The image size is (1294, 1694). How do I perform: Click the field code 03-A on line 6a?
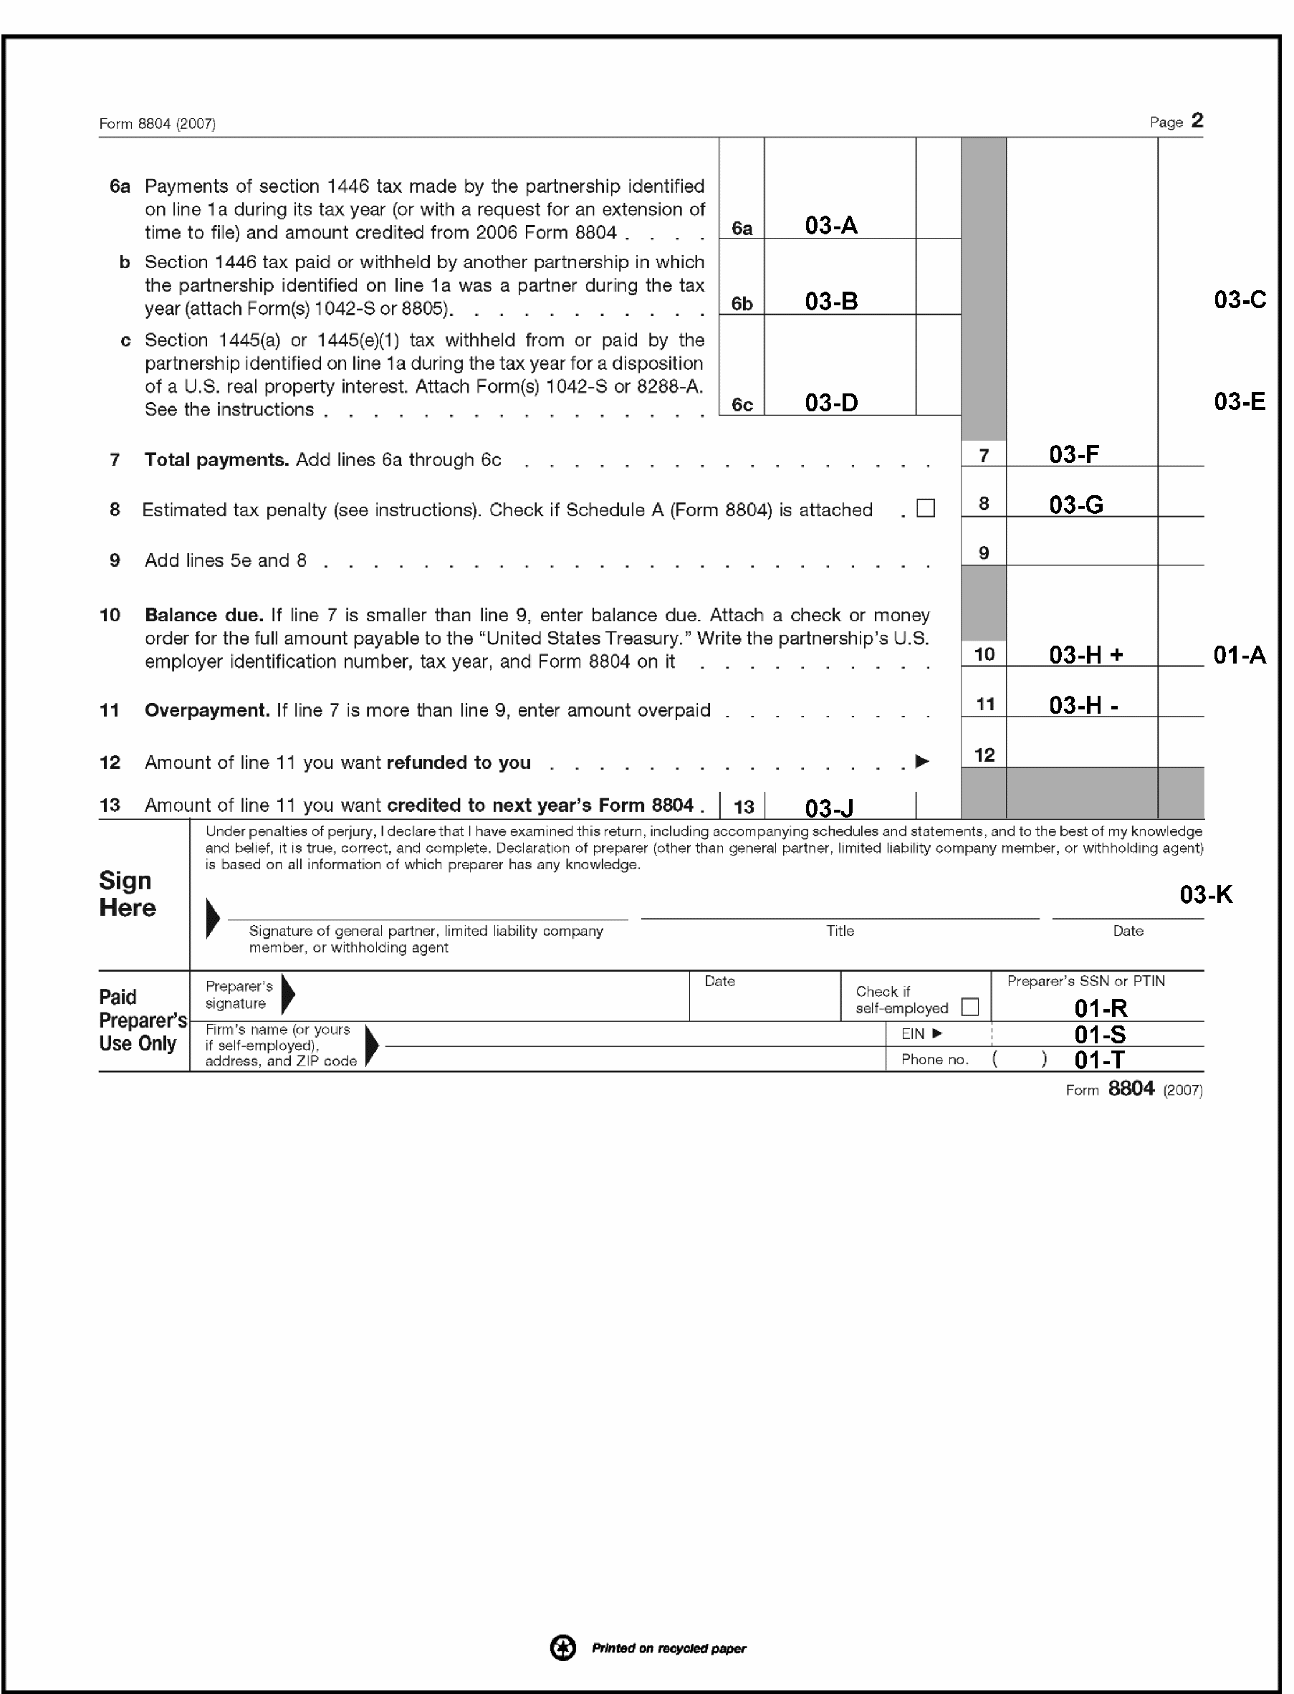[x=831, y=226]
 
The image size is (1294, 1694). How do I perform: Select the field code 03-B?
[x=831, y=301]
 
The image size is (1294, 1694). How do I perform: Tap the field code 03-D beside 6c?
[x=831, y=403]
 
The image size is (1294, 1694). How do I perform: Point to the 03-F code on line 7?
[x=1074, y=454]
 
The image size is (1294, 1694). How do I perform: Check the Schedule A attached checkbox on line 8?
[x=926, y=509]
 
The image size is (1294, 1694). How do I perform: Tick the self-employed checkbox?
[x=969, y=1007]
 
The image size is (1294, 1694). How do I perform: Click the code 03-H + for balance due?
[x=1086, y=655]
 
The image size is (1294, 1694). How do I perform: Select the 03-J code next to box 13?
[x=829, y=808]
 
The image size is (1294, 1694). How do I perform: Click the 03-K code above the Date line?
[x=1206, y=894]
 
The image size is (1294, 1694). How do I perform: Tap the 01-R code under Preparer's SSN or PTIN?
[x=1101, y=1008]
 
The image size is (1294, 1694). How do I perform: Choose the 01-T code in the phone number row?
[x=1099, y=1060]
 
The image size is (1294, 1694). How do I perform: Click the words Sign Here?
[x=127, y=894]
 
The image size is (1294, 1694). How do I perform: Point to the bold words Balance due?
[x=203, y=616]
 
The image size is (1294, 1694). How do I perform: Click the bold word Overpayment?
[x=206, y=710]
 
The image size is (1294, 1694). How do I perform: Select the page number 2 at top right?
[x=1197, y=121]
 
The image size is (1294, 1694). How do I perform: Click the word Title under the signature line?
[x=840, y=931]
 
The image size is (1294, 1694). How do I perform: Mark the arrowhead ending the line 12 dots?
[x=922, y=762]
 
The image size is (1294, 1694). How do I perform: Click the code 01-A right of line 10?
[x=1240, y=655]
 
